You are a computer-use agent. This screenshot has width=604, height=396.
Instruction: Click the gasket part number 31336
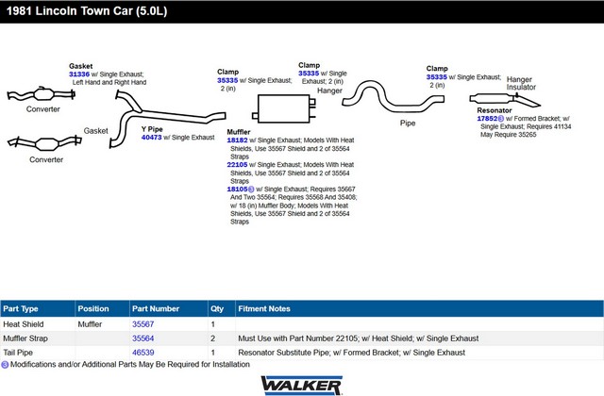79,74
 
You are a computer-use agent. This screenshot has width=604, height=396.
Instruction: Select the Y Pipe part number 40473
151,138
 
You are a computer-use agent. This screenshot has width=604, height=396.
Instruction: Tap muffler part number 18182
237,140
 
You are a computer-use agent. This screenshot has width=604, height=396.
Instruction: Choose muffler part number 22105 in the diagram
237,165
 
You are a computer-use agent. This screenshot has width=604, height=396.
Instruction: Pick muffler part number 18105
237,190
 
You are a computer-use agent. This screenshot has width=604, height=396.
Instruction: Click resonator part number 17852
487,119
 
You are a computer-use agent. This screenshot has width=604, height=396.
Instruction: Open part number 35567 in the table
143,324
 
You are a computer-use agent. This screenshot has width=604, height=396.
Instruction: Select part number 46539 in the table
143,353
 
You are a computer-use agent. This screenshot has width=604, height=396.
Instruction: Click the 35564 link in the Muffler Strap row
143,338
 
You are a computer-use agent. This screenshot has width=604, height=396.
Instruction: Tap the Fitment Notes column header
264,308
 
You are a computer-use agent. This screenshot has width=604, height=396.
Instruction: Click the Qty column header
217,308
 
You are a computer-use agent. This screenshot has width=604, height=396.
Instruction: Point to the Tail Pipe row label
18,353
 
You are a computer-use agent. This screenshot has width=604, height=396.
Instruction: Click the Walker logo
302,386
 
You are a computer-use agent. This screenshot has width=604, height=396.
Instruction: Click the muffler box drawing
284,109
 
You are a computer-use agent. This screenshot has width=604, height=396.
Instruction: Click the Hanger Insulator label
521,83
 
